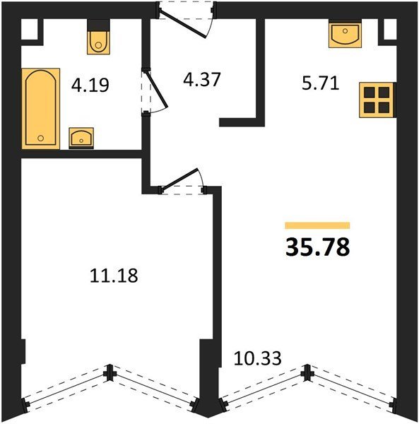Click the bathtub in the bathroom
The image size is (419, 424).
pos(41,108)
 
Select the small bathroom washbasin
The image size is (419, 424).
pos(81,138)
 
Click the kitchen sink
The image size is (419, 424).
pos(346,34)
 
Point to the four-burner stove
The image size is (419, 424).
pos(377,100)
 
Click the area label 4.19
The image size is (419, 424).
pos(90,86)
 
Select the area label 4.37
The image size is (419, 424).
pos(201,79)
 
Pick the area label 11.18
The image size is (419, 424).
pos(114,276)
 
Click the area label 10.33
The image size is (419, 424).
pos(257,358)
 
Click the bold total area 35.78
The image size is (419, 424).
pos(318,247)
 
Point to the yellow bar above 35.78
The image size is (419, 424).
pos(317,225)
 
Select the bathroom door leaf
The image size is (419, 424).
pos(157,88)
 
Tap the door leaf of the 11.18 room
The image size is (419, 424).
pos(179,179)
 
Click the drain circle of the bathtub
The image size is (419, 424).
pos(40,139)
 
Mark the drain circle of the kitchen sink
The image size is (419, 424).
pos(346,31)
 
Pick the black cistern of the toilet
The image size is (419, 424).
pos(98,25)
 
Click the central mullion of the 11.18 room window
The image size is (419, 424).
pos(110,372)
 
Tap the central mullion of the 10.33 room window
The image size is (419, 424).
pos(307,372)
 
